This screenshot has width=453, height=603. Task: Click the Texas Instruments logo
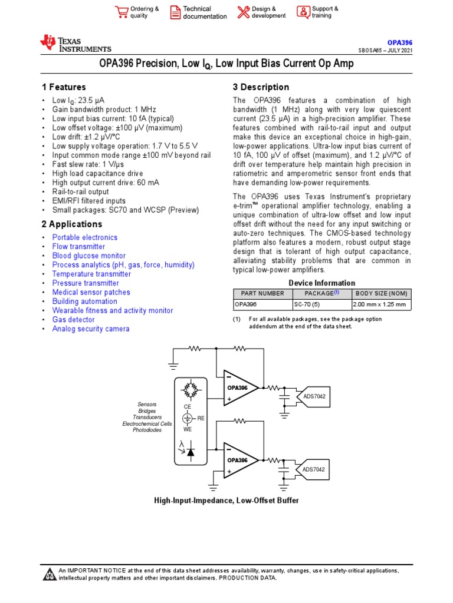coord(75,44)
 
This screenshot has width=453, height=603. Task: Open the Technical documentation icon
coord(175,12)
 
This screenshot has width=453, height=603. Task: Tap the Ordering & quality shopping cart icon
coord(122,12)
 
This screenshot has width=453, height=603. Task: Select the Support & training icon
coord(303,12)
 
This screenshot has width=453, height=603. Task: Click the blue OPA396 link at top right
coord(399,43)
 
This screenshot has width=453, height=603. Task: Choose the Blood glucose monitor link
coord(88,256)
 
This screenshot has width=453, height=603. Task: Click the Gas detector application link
coord(73,320)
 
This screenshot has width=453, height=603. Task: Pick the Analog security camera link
coord(91,329)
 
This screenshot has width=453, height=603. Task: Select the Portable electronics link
coord(84,237)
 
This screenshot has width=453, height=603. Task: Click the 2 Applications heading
coord(71,224)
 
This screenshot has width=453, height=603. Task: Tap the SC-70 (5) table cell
coord(321,305)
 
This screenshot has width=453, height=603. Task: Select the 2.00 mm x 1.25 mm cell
coord(381,305)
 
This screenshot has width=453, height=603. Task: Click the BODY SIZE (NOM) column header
coord(381,294)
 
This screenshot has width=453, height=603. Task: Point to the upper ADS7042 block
coord(314,396)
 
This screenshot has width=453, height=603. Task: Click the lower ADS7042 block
coord(314,469)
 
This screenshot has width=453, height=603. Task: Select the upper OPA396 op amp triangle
coord(239,388)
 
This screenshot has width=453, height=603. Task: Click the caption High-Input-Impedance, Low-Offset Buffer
coord(226,501)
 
